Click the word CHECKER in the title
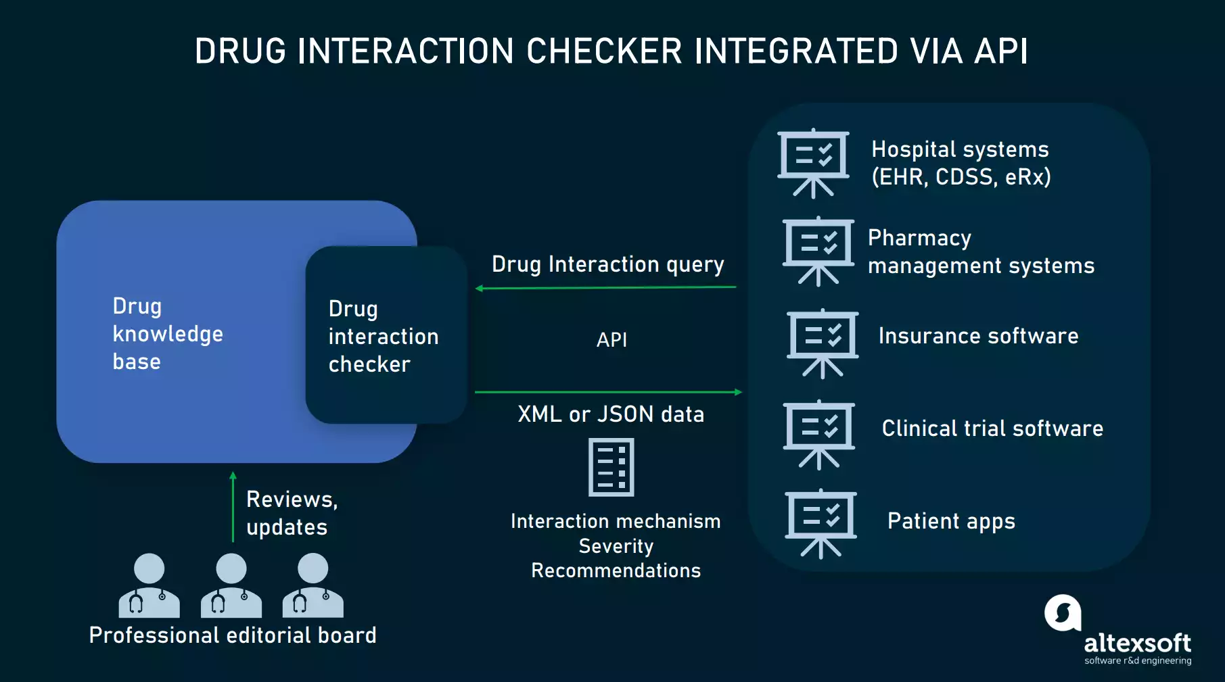click(x=604, y=51)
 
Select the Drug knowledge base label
click(x=167, y=334)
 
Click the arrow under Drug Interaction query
click(x=605, y=288)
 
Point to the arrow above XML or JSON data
click(x=608, y=392)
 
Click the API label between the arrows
click(x=611, y=339)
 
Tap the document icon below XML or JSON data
click(x=611, y=467)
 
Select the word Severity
click(x=616, y=546)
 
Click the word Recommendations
click(x=616, y=570)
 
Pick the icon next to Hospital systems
click(x=813, y=163)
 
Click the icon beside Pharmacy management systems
click(x=818, y=251)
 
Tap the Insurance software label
click(x=978, y=336)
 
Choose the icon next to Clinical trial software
click(x=818, y=434)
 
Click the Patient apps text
click(x=951, y=521)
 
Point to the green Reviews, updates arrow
click(x=233, y=507)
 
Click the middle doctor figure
click(x=231, y=585)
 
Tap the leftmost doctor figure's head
click(x=149, y=568)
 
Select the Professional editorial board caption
click(x=233, y=635)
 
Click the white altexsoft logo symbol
click(x=1063, y=613)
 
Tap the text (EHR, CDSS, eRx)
click(x=961, y=177)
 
